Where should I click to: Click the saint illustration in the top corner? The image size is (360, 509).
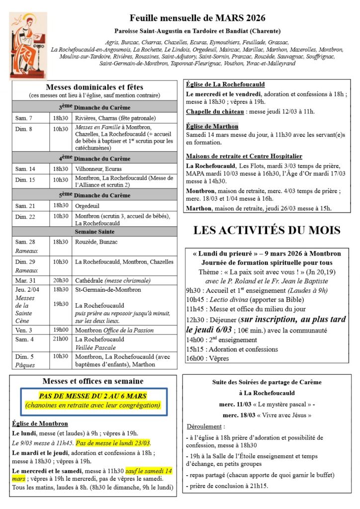(28, 46)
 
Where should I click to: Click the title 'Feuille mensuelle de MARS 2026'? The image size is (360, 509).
(197, 18)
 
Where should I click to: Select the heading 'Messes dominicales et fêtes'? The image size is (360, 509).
(94, 87)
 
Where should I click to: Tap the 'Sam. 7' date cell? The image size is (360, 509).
(23, 118)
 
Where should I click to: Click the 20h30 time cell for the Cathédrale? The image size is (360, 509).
(61, 280)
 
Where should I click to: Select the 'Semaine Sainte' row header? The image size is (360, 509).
(94, 232)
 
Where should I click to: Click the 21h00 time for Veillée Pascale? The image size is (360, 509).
(61, 339)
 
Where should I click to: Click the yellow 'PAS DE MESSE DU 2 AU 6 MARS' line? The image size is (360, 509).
(93, 396)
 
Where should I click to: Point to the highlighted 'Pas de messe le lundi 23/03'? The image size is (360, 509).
(113, 443)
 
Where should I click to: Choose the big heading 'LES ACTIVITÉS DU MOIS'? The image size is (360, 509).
(267, 230)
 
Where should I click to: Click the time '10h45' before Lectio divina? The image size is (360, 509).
(195, 299)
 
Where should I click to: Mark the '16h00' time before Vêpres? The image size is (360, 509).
(195, 358)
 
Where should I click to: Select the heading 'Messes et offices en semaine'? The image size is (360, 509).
(93, 381)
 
